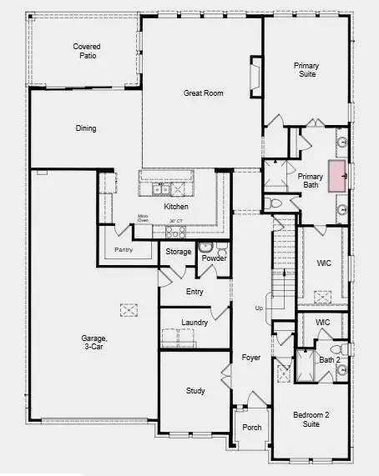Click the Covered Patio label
coord(87,50)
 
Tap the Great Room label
coord(202,93)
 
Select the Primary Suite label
coord(307,69)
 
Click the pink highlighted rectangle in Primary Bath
coord(336,176)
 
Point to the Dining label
coord(85,128)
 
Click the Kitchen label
coord(176,207)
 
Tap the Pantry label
coord(124,249)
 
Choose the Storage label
coord(179,252)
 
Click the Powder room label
coord(213,258)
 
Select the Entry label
coord(195,292)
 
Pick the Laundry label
coord(195,322)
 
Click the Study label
coord(195,391)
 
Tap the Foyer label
coord(251,358)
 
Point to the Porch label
coord(251,428)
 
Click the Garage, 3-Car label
coord(94,343)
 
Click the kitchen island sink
coord(159,190)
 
